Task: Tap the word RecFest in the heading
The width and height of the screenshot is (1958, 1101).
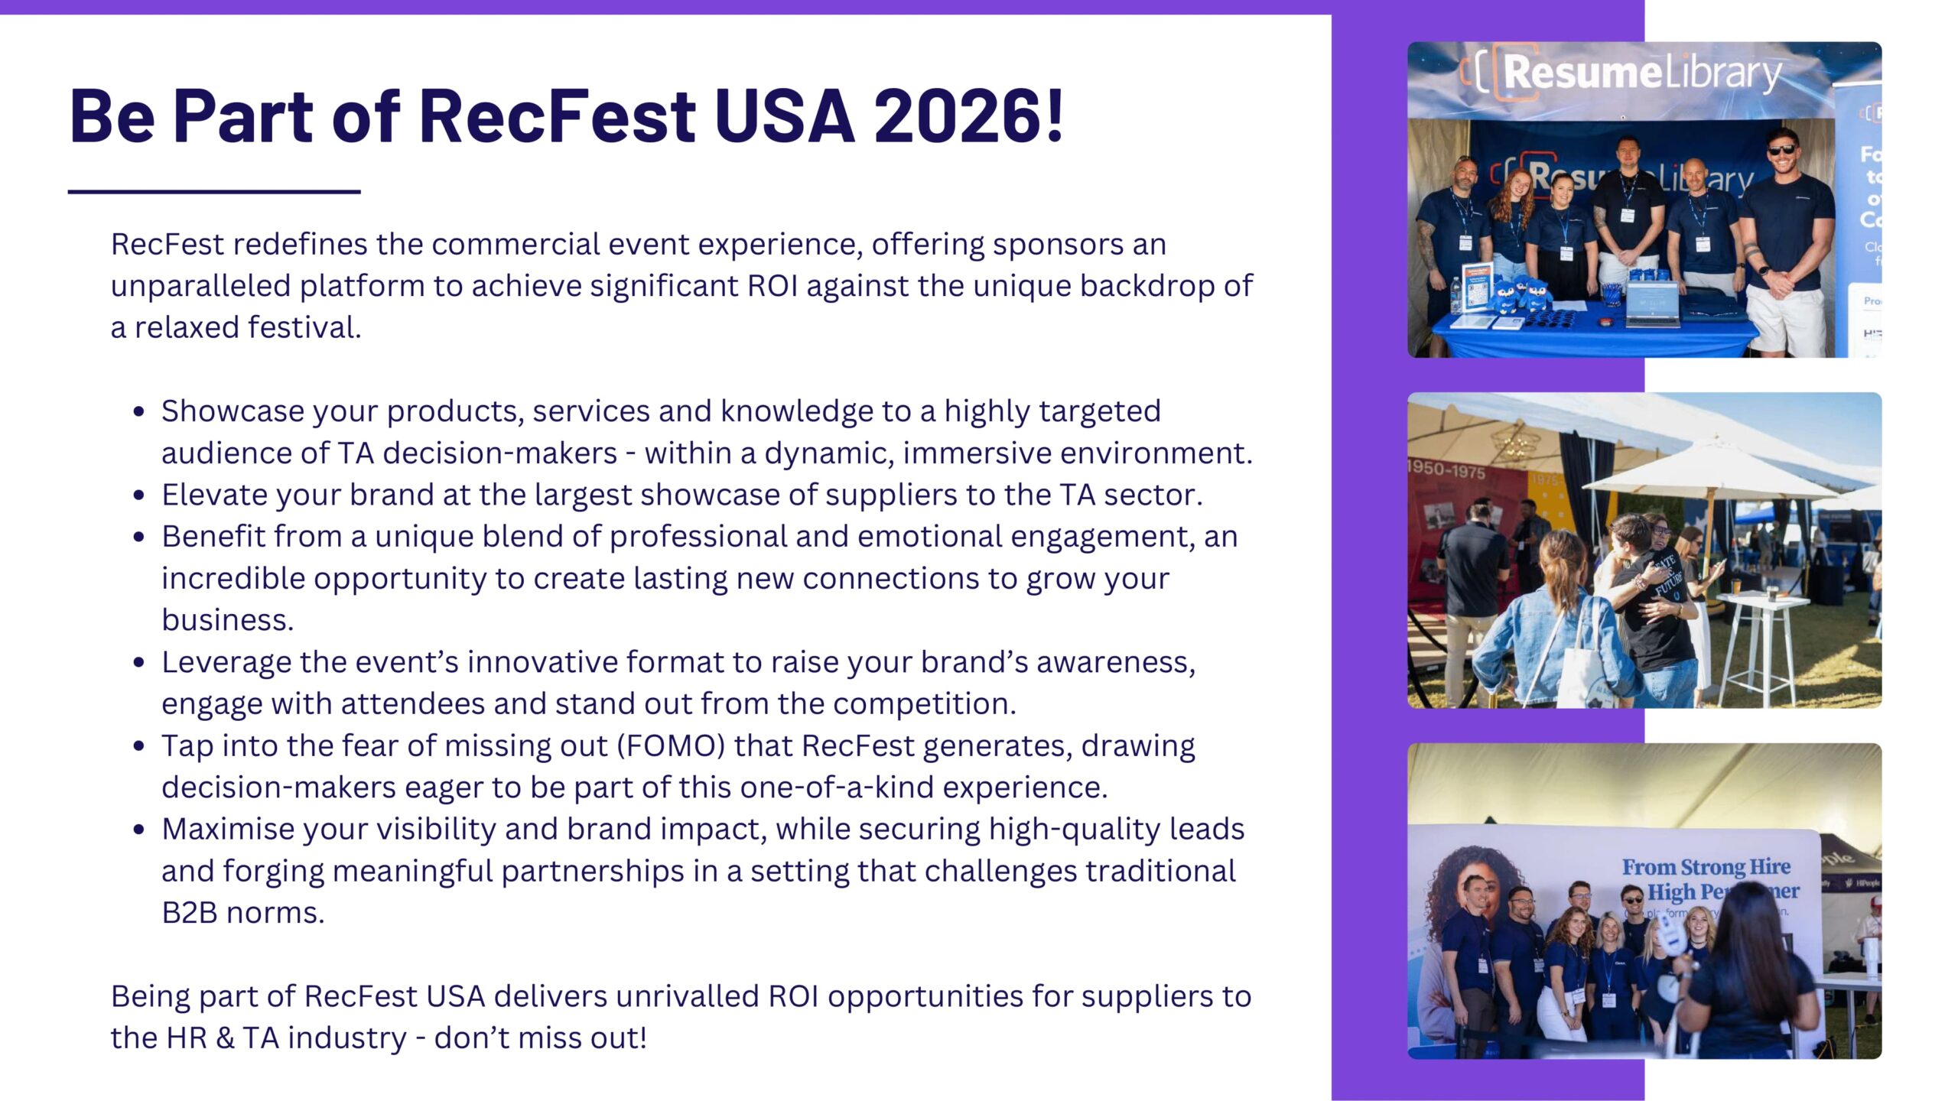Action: coord(557,116)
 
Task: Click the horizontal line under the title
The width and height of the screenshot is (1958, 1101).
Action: coord(214,191)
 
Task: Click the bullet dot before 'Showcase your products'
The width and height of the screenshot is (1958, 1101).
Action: coord(138,412)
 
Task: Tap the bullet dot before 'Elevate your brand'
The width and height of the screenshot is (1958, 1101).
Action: coord(138,495)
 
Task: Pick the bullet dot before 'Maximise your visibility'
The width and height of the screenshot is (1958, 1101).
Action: coord(138,830)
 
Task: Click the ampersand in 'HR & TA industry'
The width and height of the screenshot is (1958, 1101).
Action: coord(225,1038)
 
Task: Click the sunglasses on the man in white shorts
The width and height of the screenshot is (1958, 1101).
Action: coord(1782,150)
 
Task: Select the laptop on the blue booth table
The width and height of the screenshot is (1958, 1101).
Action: coord(1652,304)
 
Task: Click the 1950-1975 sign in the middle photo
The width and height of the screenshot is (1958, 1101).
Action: coord(1446,469)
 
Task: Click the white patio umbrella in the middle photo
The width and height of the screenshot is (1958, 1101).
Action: coord(1713,474)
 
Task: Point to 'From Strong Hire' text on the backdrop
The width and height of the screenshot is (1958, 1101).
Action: coord(1706,867)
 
